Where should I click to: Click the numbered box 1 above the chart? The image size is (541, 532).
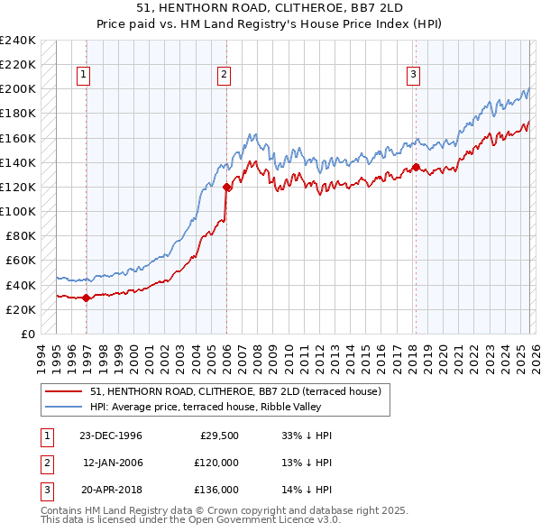pos(82,75)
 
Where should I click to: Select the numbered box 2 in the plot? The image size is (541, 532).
pos(224,75)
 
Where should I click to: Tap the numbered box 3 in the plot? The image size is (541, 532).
pos(413,75)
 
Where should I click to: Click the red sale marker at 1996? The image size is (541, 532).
pos(86,298)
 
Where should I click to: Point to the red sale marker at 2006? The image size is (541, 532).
pos(226,187)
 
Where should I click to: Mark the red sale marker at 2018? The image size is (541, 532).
pos(416,168)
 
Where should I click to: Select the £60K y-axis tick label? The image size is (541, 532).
pos(20,261)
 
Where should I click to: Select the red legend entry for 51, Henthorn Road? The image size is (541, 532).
pos(236,391)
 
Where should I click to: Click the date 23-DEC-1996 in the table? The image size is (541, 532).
pos(111,436)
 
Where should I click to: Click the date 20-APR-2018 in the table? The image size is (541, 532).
pos(111,490)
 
